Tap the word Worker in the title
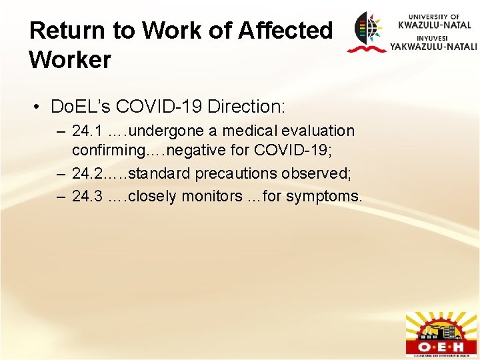click(x=70, y=60)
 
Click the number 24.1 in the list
click(x=87, y=131)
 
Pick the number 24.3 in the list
click(x=87, y=196)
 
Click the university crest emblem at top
click(x=366, y=31)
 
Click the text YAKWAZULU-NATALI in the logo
click(x=433, y=47)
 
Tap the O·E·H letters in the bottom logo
click(x=441, y=347)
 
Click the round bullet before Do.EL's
click(x=41, y=107)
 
